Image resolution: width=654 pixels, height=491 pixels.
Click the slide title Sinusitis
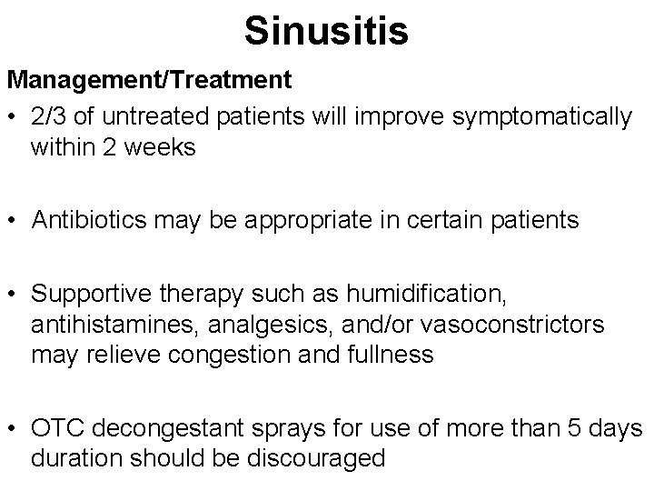(x=326, y=31)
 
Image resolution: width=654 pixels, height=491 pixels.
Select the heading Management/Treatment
(x=150, y=80)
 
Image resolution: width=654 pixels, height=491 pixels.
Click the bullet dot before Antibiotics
(x=13, y=220)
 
